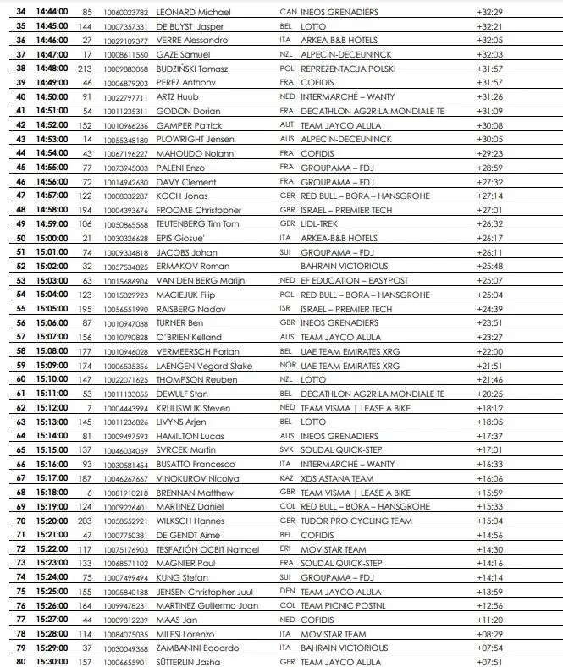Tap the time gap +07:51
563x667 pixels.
[x=490, y=661]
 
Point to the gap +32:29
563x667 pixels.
[x=490, y=12]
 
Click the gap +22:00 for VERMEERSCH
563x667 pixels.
[x=490, y=350]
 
